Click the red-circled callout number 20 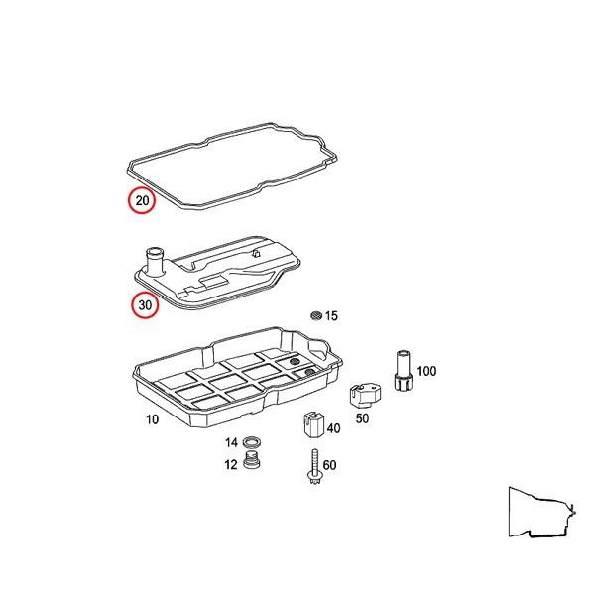[142, 200]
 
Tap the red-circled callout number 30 [145, 304]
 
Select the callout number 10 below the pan [152, 419]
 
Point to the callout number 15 [331, 315]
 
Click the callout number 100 [426, 371]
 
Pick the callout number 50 [362, 418]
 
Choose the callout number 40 [333, 428]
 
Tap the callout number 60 [329, 465]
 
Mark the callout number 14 [231, 442]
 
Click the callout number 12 [231, 464]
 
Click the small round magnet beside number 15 [316, 315]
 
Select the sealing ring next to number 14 [252, 442]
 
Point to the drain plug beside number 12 [251, 460]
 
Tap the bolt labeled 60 [315, 467]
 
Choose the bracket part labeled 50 [365, 396]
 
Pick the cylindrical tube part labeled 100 [403, 370]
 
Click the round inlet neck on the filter [154, 261]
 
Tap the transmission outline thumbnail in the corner [541, 513]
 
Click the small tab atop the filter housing [256, 253]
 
